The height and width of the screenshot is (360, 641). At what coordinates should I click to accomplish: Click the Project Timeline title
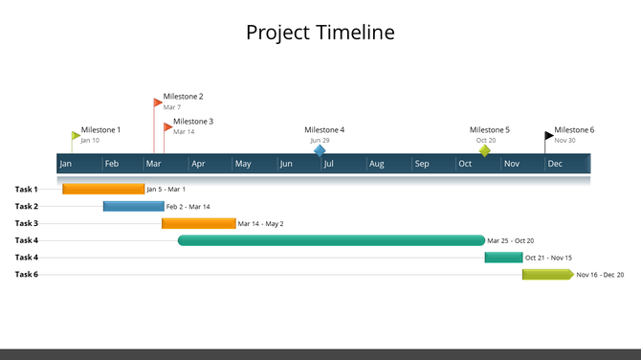coord(320,33)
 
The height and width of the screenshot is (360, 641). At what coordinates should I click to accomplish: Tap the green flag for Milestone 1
coord(77,136)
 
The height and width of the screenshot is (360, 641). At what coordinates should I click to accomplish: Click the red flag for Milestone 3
coord(168,126)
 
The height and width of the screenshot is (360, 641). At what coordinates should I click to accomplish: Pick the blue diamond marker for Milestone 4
coord(320,150)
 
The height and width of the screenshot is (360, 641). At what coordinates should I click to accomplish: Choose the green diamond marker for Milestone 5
coord(485,150)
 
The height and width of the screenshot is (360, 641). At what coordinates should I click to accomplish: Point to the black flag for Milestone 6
coord(549,136)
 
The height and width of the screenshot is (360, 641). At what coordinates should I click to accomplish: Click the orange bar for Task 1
coord(103,190)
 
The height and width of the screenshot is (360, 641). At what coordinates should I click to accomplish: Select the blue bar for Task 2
coord(133,207)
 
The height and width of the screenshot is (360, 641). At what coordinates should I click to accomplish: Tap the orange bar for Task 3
coord(198,224)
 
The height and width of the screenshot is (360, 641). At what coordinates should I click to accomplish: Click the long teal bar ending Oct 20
coord(331,241)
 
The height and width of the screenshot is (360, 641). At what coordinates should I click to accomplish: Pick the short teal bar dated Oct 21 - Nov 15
coord(503,258)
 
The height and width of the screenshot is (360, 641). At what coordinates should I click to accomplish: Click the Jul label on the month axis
coord(328,165)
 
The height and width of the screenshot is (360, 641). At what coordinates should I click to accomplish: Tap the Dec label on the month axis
coord(555,165)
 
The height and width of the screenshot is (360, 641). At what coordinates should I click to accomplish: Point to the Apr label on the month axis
coord(199,165)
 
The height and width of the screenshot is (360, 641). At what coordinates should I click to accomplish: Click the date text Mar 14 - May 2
coord(260,224)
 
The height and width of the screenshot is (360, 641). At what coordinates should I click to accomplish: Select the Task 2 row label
coord(27,207)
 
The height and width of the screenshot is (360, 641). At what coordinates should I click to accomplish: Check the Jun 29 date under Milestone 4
coord(320,141)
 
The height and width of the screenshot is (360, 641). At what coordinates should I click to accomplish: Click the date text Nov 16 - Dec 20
coord(600,275)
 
